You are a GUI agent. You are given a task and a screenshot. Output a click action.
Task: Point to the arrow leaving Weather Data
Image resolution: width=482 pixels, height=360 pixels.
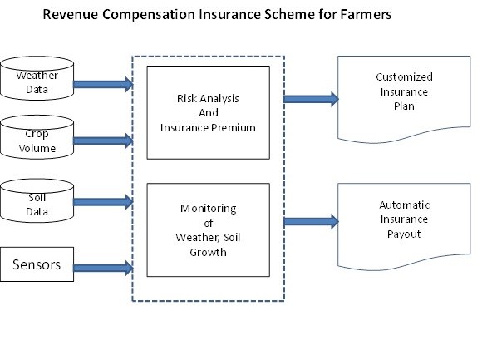point(103,83)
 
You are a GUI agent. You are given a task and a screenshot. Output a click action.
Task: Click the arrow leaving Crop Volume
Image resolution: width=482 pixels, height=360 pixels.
point(103,141)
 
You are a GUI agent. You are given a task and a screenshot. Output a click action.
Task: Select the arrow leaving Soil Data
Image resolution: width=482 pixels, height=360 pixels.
point(103,200)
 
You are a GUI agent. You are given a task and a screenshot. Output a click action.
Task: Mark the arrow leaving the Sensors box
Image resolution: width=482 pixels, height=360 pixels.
point(103,267)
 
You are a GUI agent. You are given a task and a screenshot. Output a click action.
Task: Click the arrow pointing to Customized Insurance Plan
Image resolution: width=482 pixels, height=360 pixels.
point(311,99)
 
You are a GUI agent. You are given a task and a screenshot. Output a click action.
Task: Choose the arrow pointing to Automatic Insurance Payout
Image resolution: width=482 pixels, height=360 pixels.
point(311,221)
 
